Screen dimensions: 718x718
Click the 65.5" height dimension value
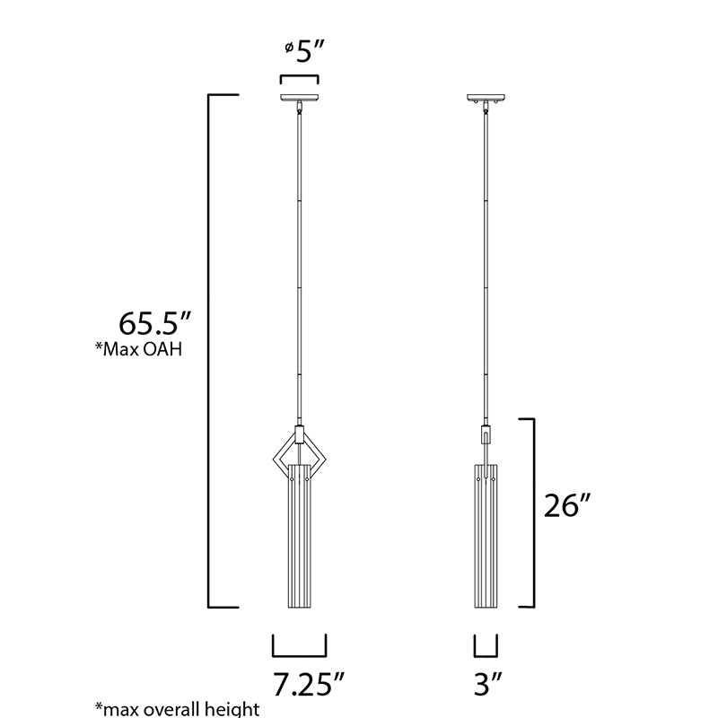[154, 323]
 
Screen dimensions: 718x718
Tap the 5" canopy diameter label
[311, 51]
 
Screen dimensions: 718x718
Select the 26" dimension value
[567, 505]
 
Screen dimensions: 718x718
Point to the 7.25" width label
[308, 685]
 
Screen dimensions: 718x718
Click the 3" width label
[487, 685]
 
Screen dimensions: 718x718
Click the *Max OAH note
[138, 349]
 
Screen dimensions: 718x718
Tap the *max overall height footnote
[177, 709]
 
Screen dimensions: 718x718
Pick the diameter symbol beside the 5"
[289, 48]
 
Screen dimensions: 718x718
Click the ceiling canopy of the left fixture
[300, 98]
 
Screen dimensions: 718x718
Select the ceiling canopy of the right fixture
[486, 98]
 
